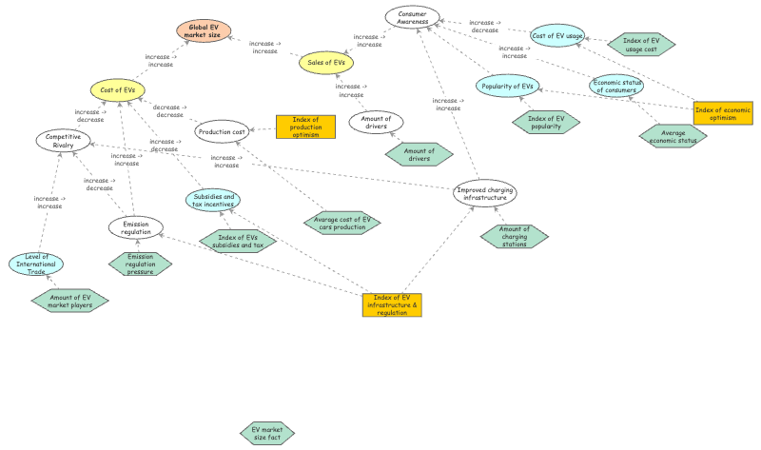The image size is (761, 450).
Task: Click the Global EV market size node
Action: pyautogui.click(x=204, y=31)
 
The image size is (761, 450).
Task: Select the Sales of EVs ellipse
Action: pyautogui.click(x=326, y=63)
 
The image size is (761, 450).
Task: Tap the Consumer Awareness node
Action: pyautogui.click(x=412, y=16)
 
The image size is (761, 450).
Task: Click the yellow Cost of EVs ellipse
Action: pyautogui.click(x=118, y=90)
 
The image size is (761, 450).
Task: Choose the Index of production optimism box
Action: pyautogui.click(x=304, y=127)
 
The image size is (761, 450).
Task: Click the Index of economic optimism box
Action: pyautogui.click(x=723, y=113)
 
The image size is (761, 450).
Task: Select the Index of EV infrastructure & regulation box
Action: pyautogui.click(x=392, y=304)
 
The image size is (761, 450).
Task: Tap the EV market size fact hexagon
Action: pyautogui.click(x=267, y=434)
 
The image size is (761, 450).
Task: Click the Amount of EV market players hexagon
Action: pyautogui.click(x=70, y=301)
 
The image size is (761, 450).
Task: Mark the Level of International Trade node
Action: pyautogui.click(x=36, y=264)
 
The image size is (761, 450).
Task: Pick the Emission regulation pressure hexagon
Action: pyautogui.click(x=140, y=264)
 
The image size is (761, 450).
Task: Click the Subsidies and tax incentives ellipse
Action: pyautogui.click(x=213, y=200)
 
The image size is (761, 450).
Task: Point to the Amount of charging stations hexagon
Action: pyautogui.click(x=515, y=235)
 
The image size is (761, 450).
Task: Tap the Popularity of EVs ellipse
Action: pyautogui.click(x=507, y=87)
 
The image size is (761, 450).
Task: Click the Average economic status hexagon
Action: pyautogui.click(x=673, y=136)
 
